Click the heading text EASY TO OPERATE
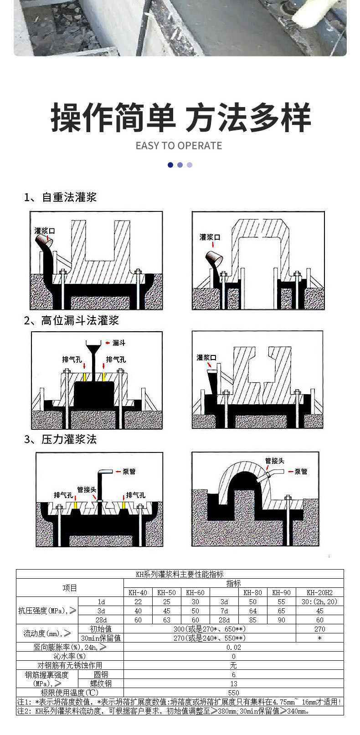point(179,146)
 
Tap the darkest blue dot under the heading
point(170,165)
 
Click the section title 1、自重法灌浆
point(60,197)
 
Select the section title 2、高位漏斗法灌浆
point(71,320)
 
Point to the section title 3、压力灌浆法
point(60,439)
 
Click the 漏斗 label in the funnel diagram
point(119,343)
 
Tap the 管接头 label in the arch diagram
point(275,461)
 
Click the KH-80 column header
point(252,592)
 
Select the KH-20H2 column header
point(319,592)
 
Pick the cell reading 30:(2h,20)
point(319,601)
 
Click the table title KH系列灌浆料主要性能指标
point(180,574)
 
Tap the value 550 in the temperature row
point(233,693)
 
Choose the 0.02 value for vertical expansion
point(233,647)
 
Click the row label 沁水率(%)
point(70,656)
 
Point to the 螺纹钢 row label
point(101,684)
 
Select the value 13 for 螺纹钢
point(233,684)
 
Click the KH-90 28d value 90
point(281,620)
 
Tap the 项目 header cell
point(70,588)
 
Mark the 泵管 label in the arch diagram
point(301,472)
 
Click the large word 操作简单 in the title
point(113,118)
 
